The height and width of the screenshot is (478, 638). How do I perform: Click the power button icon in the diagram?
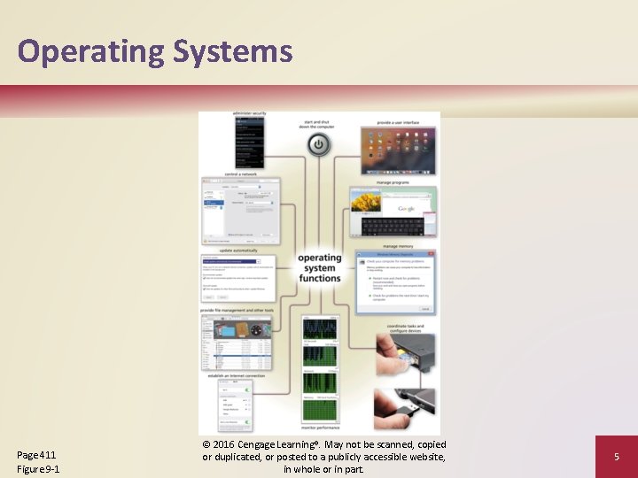pyautogui.click(x=320, y=144)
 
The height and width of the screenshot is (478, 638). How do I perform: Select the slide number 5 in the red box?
pyautogui.click(x=616, y=457)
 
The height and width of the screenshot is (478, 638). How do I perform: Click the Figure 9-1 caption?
pyautogui.click(x=38, y=468)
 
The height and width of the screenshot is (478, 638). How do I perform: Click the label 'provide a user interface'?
pyautogui.click(x=397, y=121)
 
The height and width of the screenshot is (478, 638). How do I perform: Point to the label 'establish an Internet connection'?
pyautogui.click(x=237, y=375)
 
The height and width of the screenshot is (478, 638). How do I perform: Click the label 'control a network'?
pyautogui.click(x=240, y=174)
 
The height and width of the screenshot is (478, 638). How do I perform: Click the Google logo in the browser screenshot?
pyautogui.click(x=406, y=208)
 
